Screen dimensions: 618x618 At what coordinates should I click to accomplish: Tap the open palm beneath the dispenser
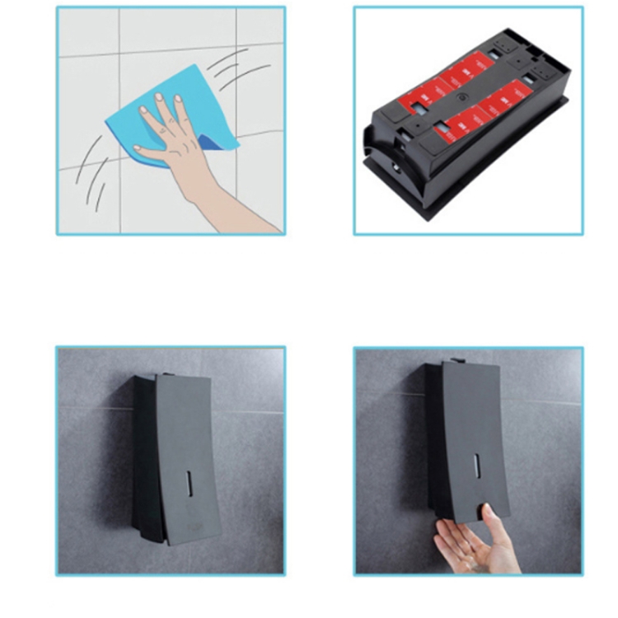(466, 548)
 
